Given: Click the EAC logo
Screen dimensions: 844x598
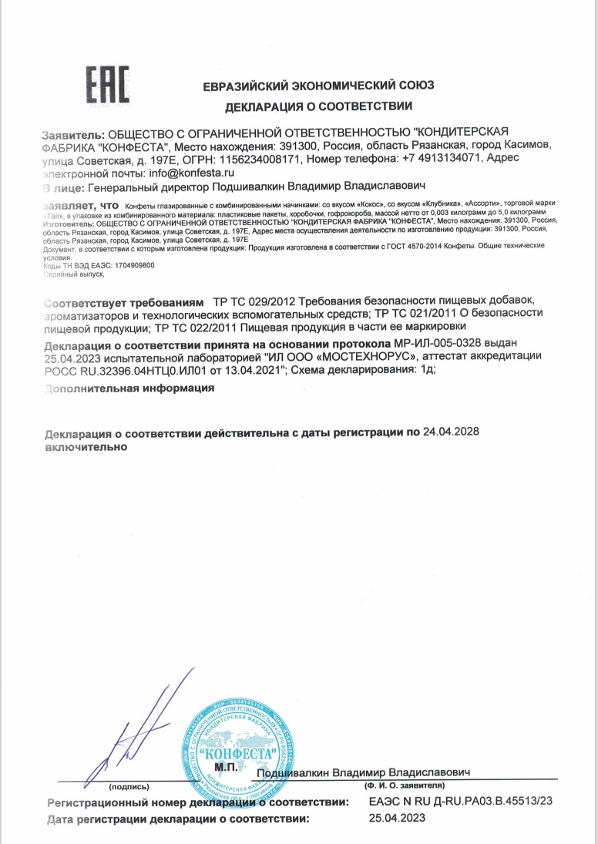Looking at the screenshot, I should (106, 84).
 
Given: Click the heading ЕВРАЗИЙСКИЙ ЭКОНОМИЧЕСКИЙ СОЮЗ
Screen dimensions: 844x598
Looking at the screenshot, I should (318, 86).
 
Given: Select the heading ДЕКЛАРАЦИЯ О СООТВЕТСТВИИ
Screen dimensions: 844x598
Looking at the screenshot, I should (318, 106).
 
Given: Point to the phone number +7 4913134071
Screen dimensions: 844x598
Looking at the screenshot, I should (442, 159).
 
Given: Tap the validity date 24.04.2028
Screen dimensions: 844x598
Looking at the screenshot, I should (452, 432).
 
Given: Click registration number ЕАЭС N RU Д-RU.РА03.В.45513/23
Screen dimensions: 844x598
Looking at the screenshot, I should (461, 802).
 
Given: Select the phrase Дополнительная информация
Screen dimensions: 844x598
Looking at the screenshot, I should (129, 388).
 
